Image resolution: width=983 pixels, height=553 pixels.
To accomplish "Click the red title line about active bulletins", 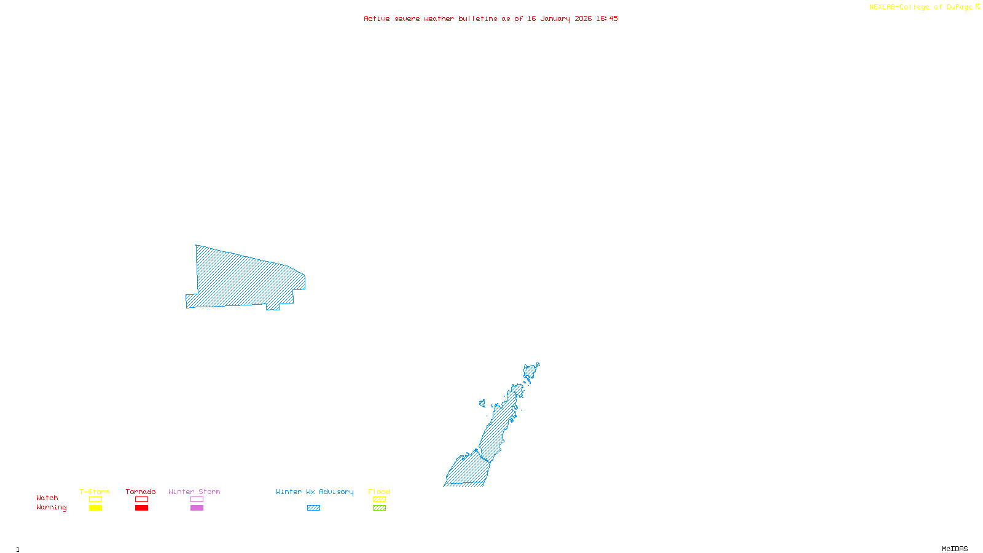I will pyautogui.click(x=490, y=18).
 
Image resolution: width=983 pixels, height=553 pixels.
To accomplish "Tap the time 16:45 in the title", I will pyautogui.click(x=607, y=18).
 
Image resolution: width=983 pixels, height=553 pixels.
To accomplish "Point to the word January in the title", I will pyautogui.click(x=555, y=18).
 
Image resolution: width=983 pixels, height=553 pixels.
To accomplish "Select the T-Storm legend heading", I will pyautogui.click(x=95, y=492).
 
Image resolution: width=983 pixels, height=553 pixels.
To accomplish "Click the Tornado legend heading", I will pyautogui.click(x=141, y=492).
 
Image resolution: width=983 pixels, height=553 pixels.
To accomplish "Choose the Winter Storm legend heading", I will pyautogui.click(x=194, y=492).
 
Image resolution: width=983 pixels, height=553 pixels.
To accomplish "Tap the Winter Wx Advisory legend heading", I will pyautogui.click(x=315, y=492).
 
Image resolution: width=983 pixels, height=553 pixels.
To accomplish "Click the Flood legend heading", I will pyautogui.click(x=379, y=492).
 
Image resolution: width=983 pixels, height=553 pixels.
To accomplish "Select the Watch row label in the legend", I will pyautogui.click(x=47, y=498).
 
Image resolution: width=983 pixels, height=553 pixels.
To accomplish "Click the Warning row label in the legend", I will pyautogui.click(x=51, y=508).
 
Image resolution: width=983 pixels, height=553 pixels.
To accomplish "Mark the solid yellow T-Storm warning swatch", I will pyautogui.click(x=95, y=508).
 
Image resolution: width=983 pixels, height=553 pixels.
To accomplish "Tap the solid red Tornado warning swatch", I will pyautogui.click(x=141, y=508).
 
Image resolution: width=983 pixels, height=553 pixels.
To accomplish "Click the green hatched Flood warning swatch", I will pyautogui.click(x=379, y=508).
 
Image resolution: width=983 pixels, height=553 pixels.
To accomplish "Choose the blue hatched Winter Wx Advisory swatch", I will pyautogui.click(x=313, y=508).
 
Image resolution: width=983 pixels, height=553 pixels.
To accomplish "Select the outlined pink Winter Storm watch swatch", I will pyautogui.click(x=197, y=500).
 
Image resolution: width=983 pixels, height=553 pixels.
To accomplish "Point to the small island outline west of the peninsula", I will pyautogui.click(x=482, y=404).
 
